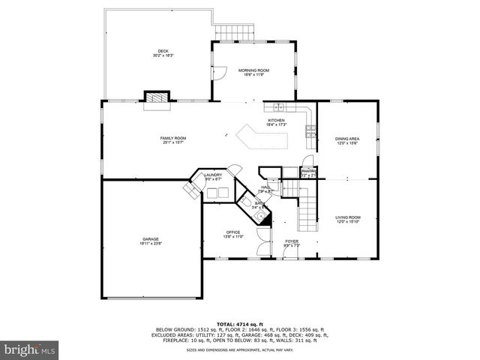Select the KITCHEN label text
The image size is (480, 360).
pyautogui.click(x=277, y=120)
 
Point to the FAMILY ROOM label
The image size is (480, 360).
pyautogui.click(x=173, y=139)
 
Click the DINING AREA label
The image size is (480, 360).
pyautogui.click(x=346, y=139)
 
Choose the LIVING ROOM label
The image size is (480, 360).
pyautogui.click(x=347, y=219)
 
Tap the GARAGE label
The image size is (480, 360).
pyautogui.click(x=151, y=241)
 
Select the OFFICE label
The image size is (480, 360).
pyautogui.click(x=233, y=233)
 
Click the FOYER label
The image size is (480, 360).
pyautogui.click(x=292, y=243)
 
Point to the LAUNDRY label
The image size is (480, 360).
pyautogui.click(x=213, y=177)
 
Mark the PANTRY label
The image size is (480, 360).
pyautogui.click(x=308, y=172)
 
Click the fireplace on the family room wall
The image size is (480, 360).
pyautogui.click(x=157, y=97)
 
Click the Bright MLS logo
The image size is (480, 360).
pyautogui.click(x=29, y=349)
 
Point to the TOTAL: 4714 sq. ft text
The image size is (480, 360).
pyautogui.click(x=239, y=322)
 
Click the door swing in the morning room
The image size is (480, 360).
pyautogui.click(x=217, y=73)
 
